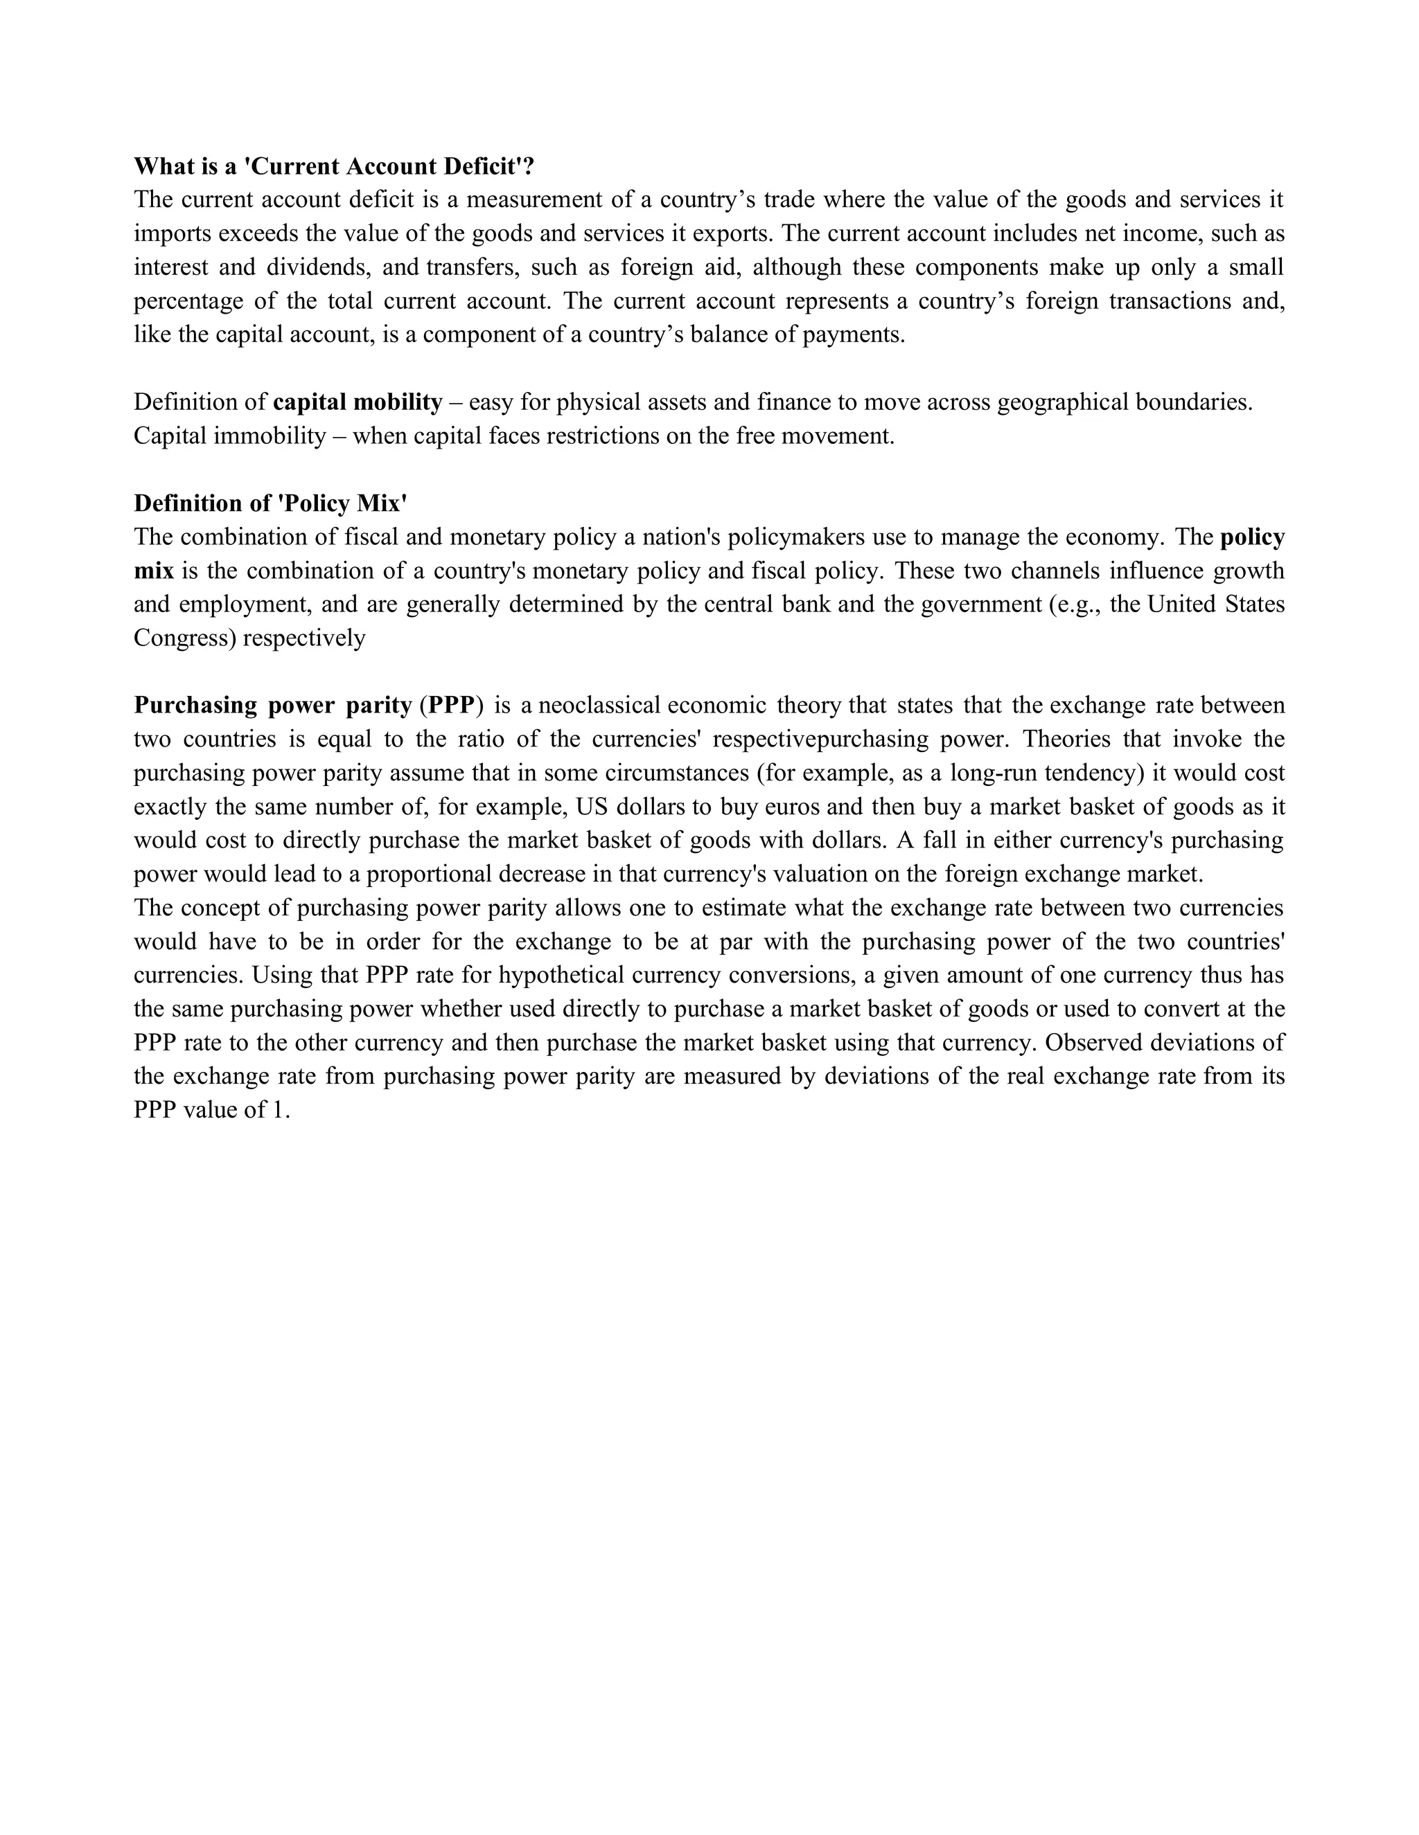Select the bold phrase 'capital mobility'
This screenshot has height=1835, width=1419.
point(358,402)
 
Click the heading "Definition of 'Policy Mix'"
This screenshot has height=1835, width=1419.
point(271,503)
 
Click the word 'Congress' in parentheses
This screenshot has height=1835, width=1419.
point(184,638)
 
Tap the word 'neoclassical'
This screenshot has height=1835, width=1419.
point(599,705)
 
